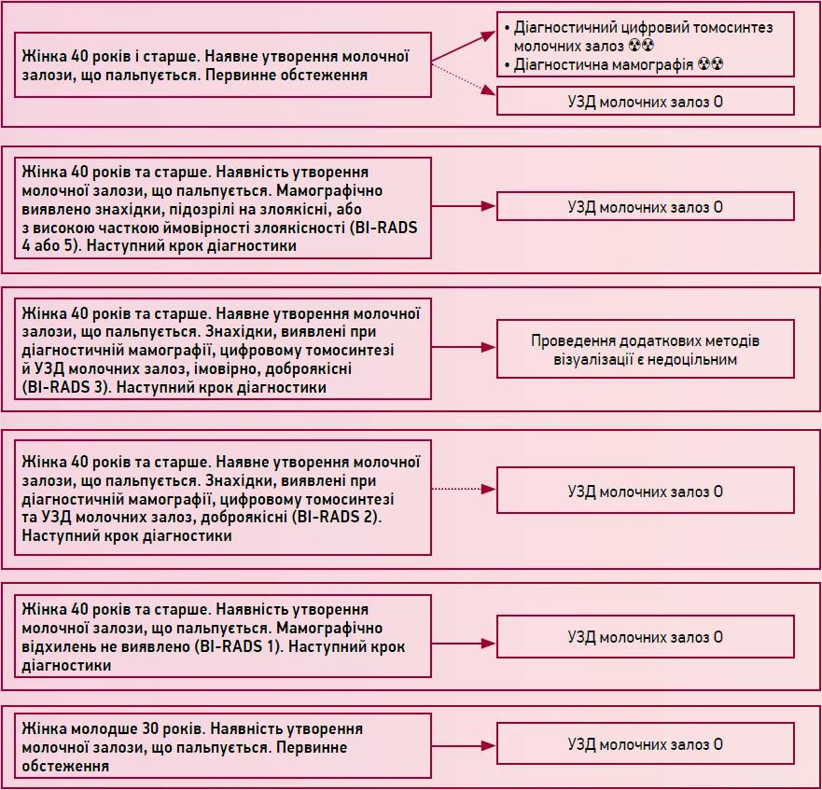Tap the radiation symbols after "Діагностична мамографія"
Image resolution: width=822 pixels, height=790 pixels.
pyautogui.click(x=710, y=64)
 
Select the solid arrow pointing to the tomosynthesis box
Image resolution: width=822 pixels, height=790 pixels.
pyautogui.click(x=464, y=47)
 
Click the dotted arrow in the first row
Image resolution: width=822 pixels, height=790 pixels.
pyautogui.click(x=464, y=79)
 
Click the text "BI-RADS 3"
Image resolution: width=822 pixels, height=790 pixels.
pyautogui.click(x=65, y=387)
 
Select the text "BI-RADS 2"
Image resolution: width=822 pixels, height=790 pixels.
pyautogui.click(x=337, y=517)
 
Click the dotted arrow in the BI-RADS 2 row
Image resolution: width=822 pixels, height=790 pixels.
pyautogui.click(x=464, y=489)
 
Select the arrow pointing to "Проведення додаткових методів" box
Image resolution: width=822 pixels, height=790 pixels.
pyautogui.click(x=464, y=347)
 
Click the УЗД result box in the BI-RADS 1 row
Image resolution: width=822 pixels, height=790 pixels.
pyautogui.click(x=646, y=637)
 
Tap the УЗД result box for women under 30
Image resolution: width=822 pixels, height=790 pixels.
pyautogui.click(x=646, y=744)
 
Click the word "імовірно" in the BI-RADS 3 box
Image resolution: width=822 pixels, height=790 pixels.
pyautogui.click(x=228, y=369)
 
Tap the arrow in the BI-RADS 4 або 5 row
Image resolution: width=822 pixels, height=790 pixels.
pyautogui.click(x=464, y=206)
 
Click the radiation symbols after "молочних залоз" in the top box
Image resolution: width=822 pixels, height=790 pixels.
pyautogui.click(x=641, y=46)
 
